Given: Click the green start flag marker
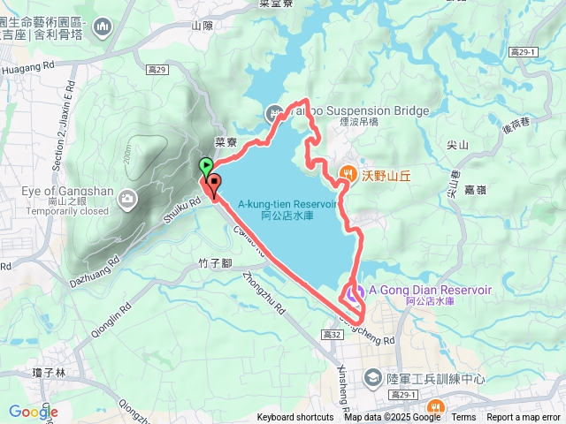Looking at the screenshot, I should click(x=206, y=165).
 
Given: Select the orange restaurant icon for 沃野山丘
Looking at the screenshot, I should click(x=349, y=175).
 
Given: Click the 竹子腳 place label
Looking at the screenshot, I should click(x=215, y=262).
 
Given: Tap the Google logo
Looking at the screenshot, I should click(x=33, y=412).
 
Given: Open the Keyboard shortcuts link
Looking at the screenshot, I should click(x=295, y=418).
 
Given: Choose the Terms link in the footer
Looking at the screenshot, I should click(x=463, y=418).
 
